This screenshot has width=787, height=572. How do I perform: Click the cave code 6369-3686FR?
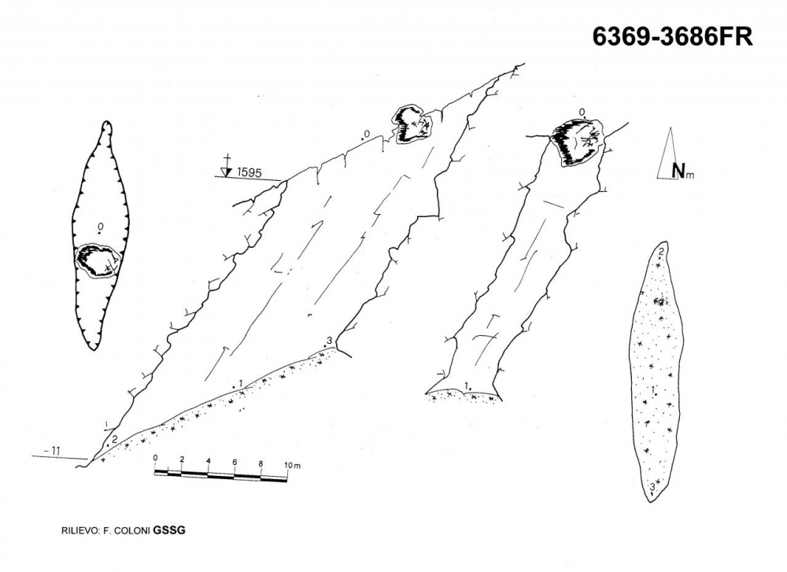click(673, 36)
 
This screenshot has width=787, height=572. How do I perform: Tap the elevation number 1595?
click(249, 172)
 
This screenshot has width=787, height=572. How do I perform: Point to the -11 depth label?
click(52, 451)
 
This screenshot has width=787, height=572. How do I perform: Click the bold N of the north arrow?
click(678, 171)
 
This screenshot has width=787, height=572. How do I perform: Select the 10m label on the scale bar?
click(293, 465)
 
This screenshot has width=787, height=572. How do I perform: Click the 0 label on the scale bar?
click(156, 458)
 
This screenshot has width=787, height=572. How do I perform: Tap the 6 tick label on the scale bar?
click(235, 463)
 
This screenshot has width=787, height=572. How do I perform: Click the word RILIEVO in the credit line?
click(76, 530)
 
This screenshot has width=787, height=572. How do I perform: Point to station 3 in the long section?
click(329, 341)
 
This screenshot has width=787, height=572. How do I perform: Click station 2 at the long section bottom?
click(114, 439)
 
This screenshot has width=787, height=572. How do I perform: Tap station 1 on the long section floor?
click(241, 383)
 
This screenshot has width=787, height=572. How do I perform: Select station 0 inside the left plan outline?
click(101, 227)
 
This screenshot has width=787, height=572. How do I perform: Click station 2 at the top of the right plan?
click(661, 251)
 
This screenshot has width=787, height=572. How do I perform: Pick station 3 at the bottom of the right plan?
click(652, 486)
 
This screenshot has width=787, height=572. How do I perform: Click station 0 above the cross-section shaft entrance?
click(582, 111)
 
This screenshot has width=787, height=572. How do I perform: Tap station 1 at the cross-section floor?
click(467, 386)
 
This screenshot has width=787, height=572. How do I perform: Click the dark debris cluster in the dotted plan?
click(660, 301)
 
